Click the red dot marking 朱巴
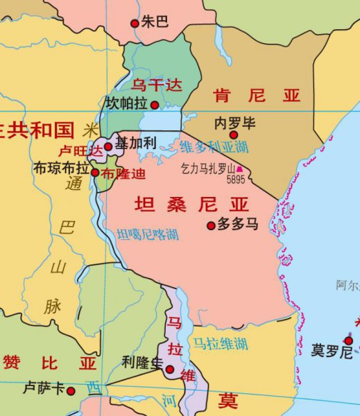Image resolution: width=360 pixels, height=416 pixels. pos(135,23)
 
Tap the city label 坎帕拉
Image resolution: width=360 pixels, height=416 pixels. pos(126,103)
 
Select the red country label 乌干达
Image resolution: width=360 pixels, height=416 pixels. pos(156,85)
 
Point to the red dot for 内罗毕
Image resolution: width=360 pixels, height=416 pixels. pos(234,135)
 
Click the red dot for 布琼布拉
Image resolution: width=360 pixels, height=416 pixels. pos(95,172)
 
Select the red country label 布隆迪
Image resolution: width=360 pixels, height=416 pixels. pos(120,173)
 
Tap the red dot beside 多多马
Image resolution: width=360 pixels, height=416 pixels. pos(212,225)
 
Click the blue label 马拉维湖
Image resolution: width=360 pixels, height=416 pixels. pos(220,343)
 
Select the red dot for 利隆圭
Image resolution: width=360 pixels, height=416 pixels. pos(170,369)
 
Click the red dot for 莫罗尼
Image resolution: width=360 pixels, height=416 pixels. pos(348,340)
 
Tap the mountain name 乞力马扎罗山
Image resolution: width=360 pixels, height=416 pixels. pos(207,168)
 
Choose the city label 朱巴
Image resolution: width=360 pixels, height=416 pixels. pos(155,22)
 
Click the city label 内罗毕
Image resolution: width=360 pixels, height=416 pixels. pos(235,123)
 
